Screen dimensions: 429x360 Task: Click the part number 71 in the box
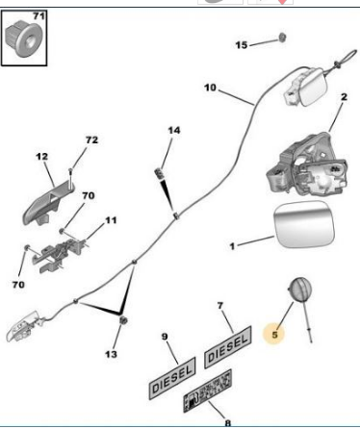click(39, 17)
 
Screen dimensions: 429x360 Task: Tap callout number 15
click(242, 44)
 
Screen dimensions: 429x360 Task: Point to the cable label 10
click(210, 88)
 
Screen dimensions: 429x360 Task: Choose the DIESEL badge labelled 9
click(173, 375)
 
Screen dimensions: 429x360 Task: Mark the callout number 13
click(112, 355)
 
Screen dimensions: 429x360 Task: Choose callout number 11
click(111, 220)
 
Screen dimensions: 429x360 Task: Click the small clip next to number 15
click(281, 38)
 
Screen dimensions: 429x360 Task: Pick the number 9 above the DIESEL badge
click(163, 337)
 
